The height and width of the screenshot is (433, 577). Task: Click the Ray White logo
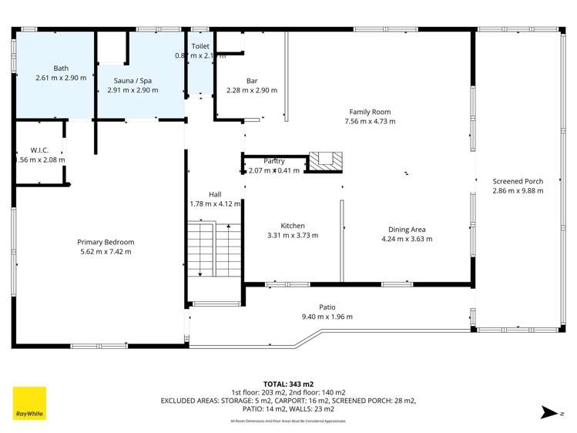click(x=29, y=403)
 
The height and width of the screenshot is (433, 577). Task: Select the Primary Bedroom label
click(x=106, y=242)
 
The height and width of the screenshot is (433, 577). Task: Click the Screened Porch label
click(x=518, y=181)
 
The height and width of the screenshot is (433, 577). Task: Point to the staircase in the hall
click(x=205, y=250)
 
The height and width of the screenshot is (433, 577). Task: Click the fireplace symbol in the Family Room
click(x=324, y=160)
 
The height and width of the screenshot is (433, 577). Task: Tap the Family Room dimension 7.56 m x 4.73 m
click(x=370, y=121)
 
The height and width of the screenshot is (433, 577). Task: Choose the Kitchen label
click(x=292, y=226)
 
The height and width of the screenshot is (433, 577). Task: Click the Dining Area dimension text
click(x=407, y=239)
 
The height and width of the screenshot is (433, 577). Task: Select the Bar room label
click(x=251, y=80)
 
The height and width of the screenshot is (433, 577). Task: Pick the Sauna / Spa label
click(x=128, y=80)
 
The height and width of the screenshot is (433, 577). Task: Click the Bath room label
click(x=61, y=68)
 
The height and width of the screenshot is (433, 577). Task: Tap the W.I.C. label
click(x=40, y=149)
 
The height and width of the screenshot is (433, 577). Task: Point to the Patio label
click(x=327, y=307)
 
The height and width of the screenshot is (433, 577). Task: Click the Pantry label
click(x=274, y=160)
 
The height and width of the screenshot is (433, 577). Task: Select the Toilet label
click(x=200, y=46)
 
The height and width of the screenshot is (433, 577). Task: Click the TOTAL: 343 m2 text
click(x=288, y=383)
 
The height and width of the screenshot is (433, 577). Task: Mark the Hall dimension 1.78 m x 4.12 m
click(x=216, y=204)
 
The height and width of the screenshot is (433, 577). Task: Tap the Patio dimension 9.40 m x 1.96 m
click(x=327, y=317)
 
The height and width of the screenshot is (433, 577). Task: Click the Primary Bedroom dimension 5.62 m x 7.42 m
click(x=106, y=252)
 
